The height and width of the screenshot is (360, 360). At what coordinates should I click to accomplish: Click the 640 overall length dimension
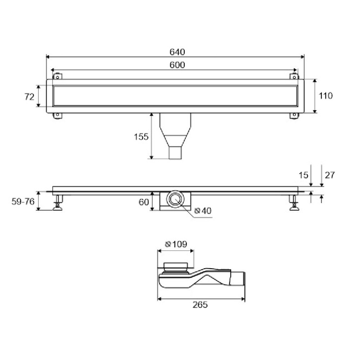click(x=177, y=52)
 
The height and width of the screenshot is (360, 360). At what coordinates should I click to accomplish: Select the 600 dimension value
click(x=177, y=65)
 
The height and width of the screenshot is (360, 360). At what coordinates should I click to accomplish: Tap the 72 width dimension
click(x=29, y=97)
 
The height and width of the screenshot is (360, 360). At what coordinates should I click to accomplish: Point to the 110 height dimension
click(x=326, y=96)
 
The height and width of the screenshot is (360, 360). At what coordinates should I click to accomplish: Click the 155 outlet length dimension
click(x=141, y=137)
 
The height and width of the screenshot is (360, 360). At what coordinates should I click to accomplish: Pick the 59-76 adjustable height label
click(x=23, y=201)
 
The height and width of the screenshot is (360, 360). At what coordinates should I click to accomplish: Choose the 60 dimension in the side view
click(x=143, y=202)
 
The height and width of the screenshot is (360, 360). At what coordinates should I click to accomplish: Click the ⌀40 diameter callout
click(x=203, y=211)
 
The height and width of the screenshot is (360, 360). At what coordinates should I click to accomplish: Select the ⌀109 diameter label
click(x=176, y=244)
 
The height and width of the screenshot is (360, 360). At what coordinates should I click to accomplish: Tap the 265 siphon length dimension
click(x=200, y=305)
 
